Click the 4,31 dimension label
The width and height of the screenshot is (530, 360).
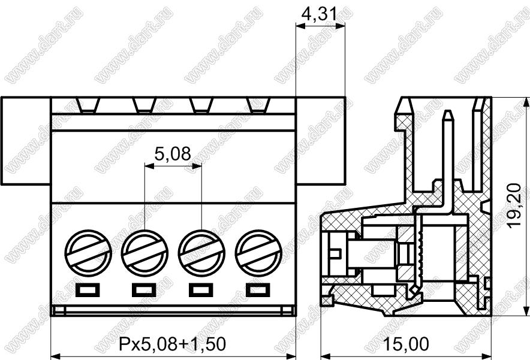pyautogui.click(x=319, y=14)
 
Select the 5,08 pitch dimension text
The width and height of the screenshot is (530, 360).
pyautogui.click(x=173, y=154)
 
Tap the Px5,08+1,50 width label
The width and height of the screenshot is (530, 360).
pyautogui.click(x=173, y=344)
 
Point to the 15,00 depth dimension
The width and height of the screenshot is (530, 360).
pyautogui.click(x=406, y=344)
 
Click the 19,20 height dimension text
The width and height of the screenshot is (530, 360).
pyautogui.click(x=515, y=205)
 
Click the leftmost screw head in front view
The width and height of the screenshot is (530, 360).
pyautogui.click(x=88, y=253)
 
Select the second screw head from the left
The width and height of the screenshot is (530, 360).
pyautogui.click(x=144, y=253)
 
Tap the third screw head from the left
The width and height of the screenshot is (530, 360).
pyautogui.click(x=201, y=253)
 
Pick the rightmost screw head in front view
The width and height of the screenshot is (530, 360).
pyautogui.click(x=258, y=253)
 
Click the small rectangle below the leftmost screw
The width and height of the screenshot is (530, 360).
pyautogui.click(x=88, y=290)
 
